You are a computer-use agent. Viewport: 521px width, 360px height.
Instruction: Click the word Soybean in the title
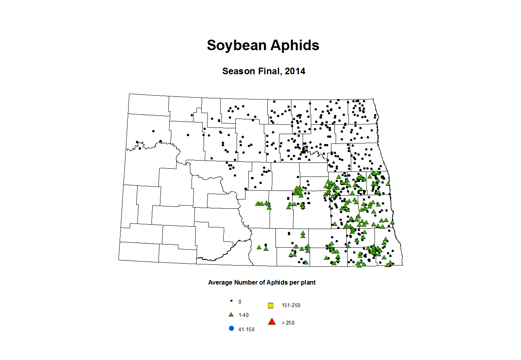(x=237, y=45)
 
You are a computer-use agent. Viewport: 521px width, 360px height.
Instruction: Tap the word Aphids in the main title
(x=295, y=45)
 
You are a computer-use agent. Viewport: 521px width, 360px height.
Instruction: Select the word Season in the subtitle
(x=238, y=71)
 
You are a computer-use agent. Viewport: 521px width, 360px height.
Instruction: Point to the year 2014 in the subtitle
(x=295, y=71)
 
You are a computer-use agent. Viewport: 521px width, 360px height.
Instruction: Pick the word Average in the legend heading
(x=220, y=283)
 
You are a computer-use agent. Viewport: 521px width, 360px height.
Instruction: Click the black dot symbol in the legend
(x=232, y=301)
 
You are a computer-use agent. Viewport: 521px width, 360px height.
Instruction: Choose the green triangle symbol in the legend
(x=231, y=315)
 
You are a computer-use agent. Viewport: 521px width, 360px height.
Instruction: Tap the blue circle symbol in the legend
(x=232, y=329)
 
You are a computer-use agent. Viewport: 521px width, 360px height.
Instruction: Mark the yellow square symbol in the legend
(x=271, y=306)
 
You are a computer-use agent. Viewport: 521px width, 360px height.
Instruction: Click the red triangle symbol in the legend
(x=272, y=322)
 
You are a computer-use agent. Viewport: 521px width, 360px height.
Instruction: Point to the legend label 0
(x=240, y=302)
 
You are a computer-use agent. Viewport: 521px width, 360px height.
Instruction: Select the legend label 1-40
(x=244, y=315)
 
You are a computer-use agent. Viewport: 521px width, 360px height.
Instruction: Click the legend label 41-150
(x=246, y=329)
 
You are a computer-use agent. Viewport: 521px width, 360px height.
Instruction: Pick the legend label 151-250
(x=291, y=306)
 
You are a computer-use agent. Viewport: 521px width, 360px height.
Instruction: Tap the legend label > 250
(x=288, y=323)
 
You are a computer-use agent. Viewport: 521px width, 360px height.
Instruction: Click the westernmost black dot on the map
(x=137, y=142)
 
